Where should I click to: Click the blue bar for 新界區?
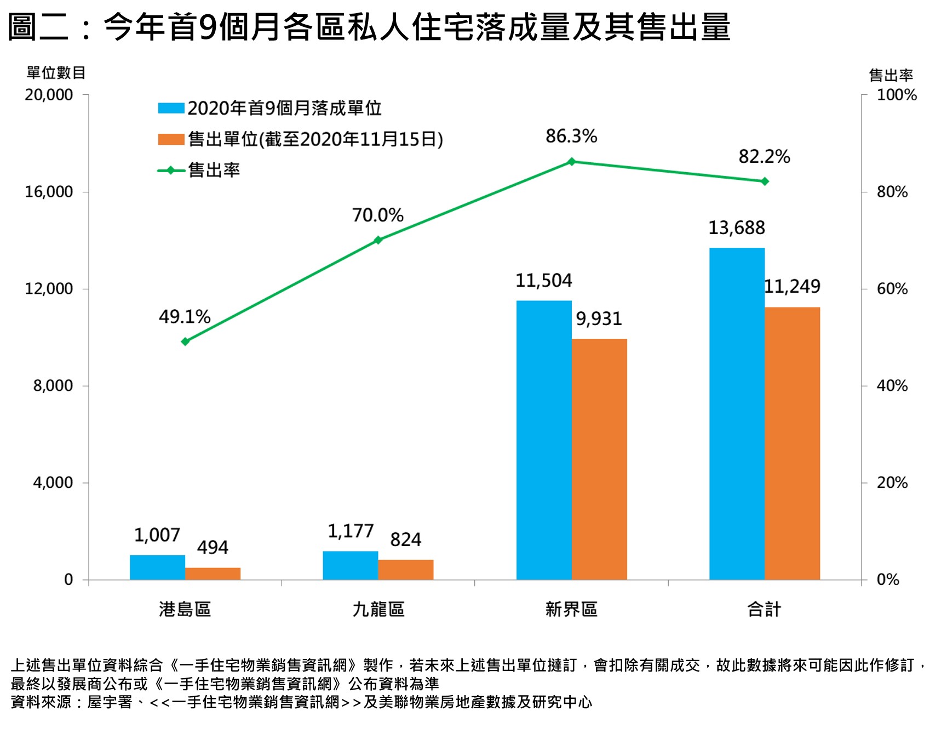(x=543, y=440)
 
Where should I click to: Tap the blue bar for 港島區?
(x=157, y=567)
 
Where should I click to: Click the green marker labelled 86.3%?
(x=571, y=162)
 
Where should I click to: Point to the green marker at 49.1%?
(x=185, y=342)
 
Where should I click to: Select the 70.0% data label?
(x=377, y=215)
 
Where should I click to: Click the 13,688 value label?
(x=736, y=227)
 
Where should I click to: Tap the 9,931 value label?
(x=599, y=318)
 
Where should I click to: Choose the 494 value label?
(x=213, y=547)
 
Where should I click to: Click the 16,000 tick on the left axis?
(x=49, y=192)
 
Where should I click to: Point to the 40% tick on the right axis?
(x=892, y=386)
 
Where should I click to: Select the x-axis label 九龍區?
(x=378, y=609)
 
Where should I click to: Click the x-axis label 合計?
(x=764, y=609)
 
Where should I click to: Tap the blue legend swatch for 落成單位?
(x=171, y=108)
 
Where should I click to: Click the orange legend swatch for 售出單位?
(x=171, y=139)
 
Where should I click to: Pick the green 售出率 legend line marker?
(x=171, y=170)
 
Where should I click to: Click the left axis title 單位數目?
(x=56, y=73)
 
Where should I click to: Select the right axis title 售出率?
(x=891, y=75)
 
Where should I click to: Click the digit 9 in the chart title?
(x=209, y=27)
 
